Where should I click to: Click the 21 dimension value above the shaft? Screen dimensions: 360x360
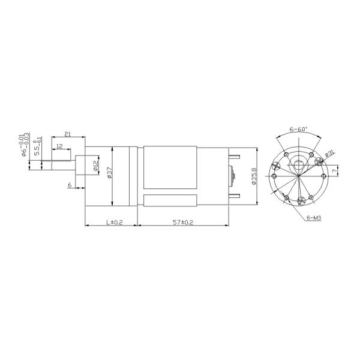tap(67, 135)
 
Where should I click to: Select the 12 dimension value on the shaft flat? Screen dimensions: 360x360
tap(60, 146)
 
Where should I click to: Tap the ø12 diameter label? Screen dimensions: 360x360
tap(95, 166)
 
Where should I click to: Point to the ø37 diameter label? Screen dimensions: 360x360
tap(109, 173)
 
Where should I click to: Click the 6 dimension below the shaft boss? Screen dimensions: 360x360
tap(70, 185)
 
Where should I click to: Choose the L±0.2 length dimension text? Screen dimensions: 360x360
tap(113, 222)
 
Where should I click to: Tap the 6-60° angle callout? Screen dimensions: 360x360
tap(298, 129)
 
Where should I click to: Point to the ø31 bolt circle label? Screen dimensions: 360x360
tap(329, 154)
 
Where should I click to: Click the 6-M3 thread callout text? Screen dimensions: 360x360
tap(314, 218)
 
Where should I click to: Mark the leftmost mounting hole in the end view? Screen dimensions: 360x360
tap(274, 178)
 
